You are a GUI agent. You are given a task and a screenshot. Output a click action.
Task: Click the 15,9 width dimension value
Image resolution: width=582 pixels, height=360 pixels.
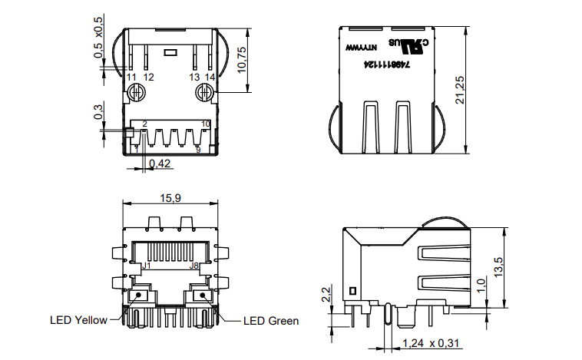[170, 198]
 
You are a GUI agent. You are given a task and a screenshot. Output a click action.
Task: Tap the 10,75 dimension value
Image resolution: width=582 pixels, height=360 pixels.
[242, 59]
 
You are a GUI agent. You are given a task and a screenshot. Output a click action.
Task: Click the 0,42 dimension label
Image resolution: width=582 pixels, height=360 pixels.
[160, 163]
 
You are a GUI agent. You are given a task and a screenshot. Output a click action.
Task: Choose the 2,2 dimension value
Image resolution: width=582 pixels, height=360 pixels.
[326, 295]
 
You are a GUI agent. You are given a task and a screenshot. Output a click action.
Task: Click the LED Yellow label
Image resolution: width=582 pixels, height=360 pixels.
[79, 320]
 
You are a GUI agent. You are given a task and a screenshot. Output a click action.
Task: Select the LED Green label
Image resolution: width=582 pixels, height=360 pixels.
[271, 321]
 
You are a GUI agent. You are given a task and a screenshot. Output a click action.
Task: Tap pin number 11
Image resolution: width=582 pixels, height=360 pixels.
[132, 78]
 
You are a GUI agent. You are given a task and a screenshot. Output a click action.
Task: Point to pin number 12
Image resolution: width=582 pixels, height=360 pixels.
[148, 78]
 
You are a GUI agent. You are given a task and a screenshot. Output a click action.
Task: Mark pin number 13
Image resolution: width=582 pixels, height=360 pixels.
[194, 78]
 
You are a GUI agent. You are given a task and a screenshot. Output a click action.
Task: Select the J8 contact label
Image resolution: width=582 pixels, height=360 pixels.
[195, 266]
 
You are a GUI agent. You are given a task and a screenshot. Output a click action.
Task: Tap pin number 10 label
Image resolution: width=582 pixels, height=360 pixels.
[205, 124]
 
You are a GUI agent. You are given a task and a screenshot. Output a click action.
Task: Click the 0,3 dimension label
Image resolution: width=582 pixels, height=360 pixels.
[98, 113]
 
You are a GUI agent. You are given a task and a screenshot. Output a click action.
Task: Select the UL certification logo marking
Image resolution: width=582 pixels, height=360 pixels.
[411, 45]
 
